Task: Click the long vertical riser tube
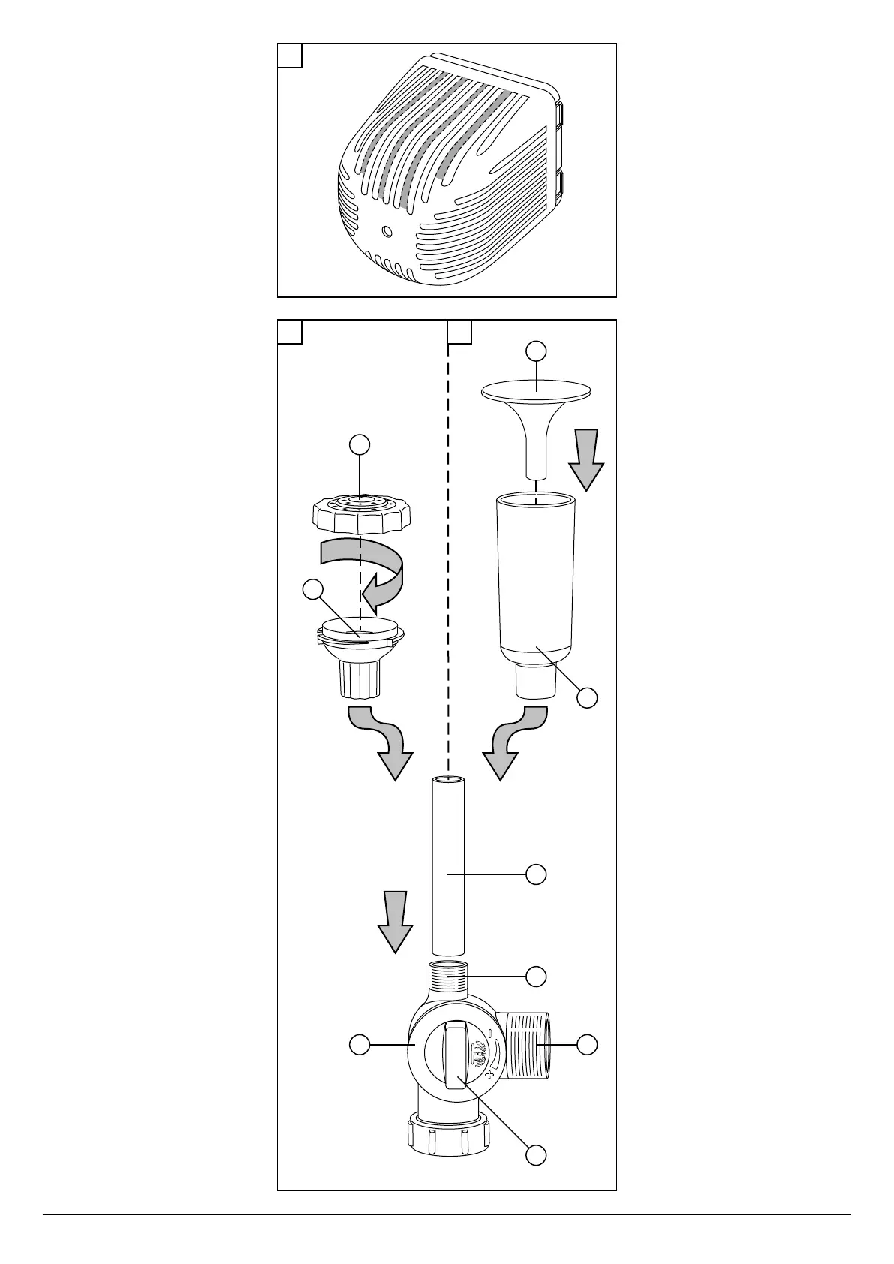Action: (x=448, y=865)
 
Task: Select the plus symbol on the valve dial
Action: (x=491, y=1074)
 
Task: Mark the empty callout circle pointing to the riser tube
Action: (x=536, y=874)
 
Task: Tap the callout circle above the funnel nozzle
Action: (x=536, y=351)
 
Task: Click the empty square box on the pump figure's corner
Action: (x=290, y=56)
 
